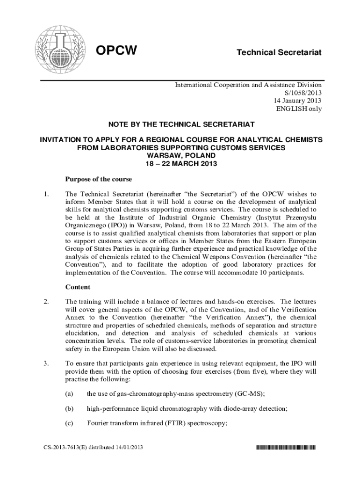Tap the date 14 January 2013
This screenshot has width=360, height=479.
tap(298, 101)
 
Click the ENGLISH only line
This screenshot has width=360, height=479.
tap(299, 109)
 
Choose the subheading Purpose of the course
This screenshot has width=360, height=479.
tap(98, 179)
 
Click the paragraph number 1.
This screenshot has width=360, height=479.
tap(45, 194)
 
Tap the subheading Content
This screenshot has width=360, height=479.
tap(77, 287)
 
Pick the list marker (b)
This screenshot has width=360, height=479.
tap(69, 408)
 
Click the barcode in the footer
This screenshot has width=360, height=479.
tap(286, 448)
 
